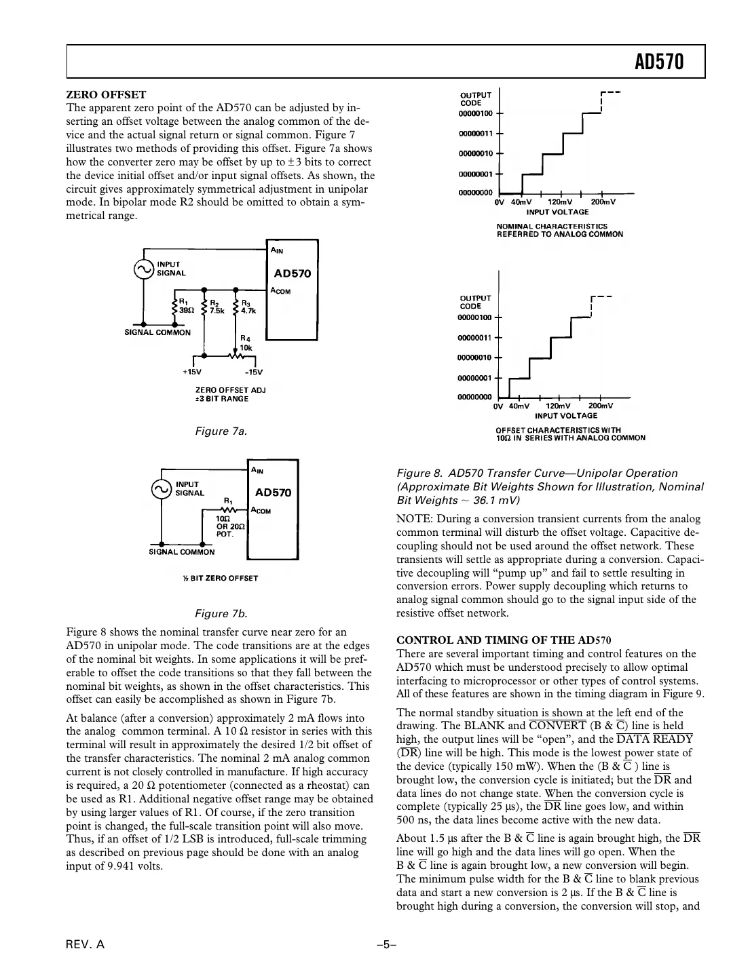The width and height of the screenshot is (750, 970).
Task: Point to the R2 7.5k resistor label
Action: tap(217, 306)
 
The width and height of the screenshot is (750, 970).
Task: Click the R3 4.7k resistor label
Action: tap(248, 306)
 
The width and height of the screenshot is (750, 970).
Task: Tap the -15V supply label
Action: tap(253, 372)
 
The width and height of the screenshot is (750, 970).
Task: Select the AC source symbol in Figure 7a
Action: tap(144, 269)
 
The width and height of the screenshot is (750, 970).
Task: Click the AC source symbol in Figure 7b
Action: tap(162, 489)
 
